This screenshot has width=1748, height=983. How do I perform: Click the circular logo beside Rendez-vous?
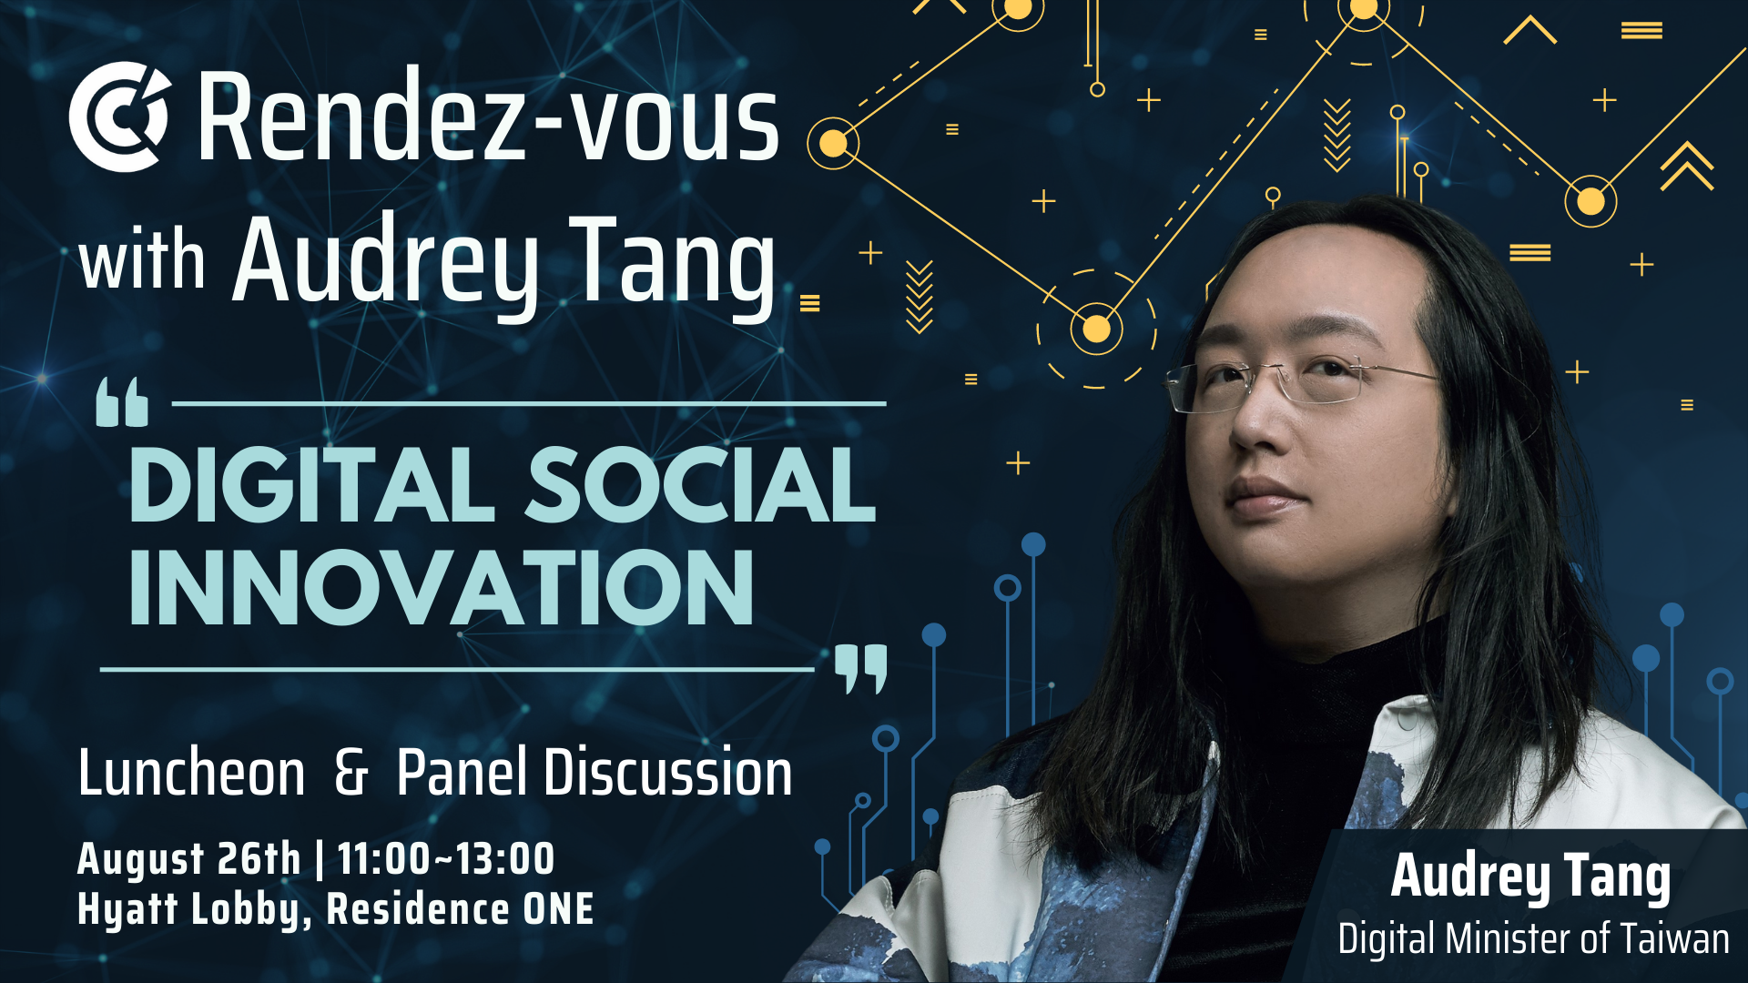[x=119, y=117]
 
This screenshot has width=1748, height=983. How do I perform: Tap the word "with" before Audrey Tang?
[x=142, y=259]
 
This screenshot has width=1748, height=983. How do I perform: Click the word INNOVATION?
[x=442, y=588]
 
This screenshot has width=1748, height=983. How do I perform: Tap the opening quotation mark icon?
[x=122, y=402]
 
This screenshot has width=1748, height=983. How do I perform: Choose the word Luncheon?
[x=191, y=774]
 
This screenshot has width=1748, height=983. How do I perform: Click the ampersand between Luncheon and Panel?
[x=351, y=774]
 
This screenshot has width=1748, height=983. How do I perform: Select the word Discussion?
[x=667, y=773]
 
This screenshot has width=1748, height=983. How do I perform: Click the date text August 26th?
[x=188, y=859]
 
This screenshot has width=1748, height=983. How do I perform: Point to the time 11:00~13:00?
[x=446, y=858]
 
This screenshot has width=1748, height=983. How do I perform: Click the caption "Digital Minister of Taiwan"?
[x=1533, y=939]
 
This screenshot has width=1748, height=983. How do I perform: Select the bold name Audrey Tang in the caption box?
[x=1530, y=877]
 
